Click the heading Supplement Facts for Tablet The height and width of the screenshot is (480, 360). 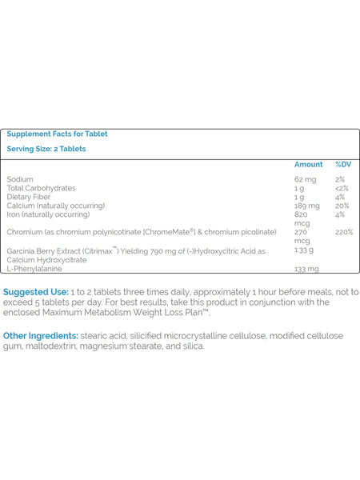[x=57, y=134]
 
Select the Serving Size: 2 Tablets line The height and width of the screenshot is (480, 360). [x=46, y=149]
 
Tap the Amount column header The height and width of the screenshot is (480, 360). [x=308, y=165]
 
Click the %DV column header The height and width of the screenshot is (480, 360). [x=343, y=165]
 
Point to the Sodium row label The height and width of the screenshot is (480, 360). [x=20, y=180]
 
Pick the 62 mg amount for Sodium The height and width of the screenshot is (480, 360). [x=306, y=180]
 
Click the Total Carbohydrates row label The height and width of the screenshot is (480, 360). [x=41, y=189]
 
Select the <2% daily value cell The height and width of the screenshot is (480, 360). [x=342, y=189]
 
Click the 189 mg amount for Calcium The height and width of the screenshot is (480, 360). [x=307, y=206]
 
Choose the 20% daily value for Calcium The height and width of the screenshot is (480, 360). [x=342, y=206]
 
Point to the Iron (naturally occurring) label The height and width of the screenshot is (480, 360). [x=48, y=214]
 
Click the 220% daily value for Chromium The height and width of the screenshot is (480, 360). [x=343, y=232]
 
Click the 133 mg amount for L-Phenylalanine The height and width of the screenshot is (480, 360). [x=306, y=269]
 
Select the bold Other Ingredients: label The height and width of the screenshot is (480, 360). [x=41, y=336]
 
